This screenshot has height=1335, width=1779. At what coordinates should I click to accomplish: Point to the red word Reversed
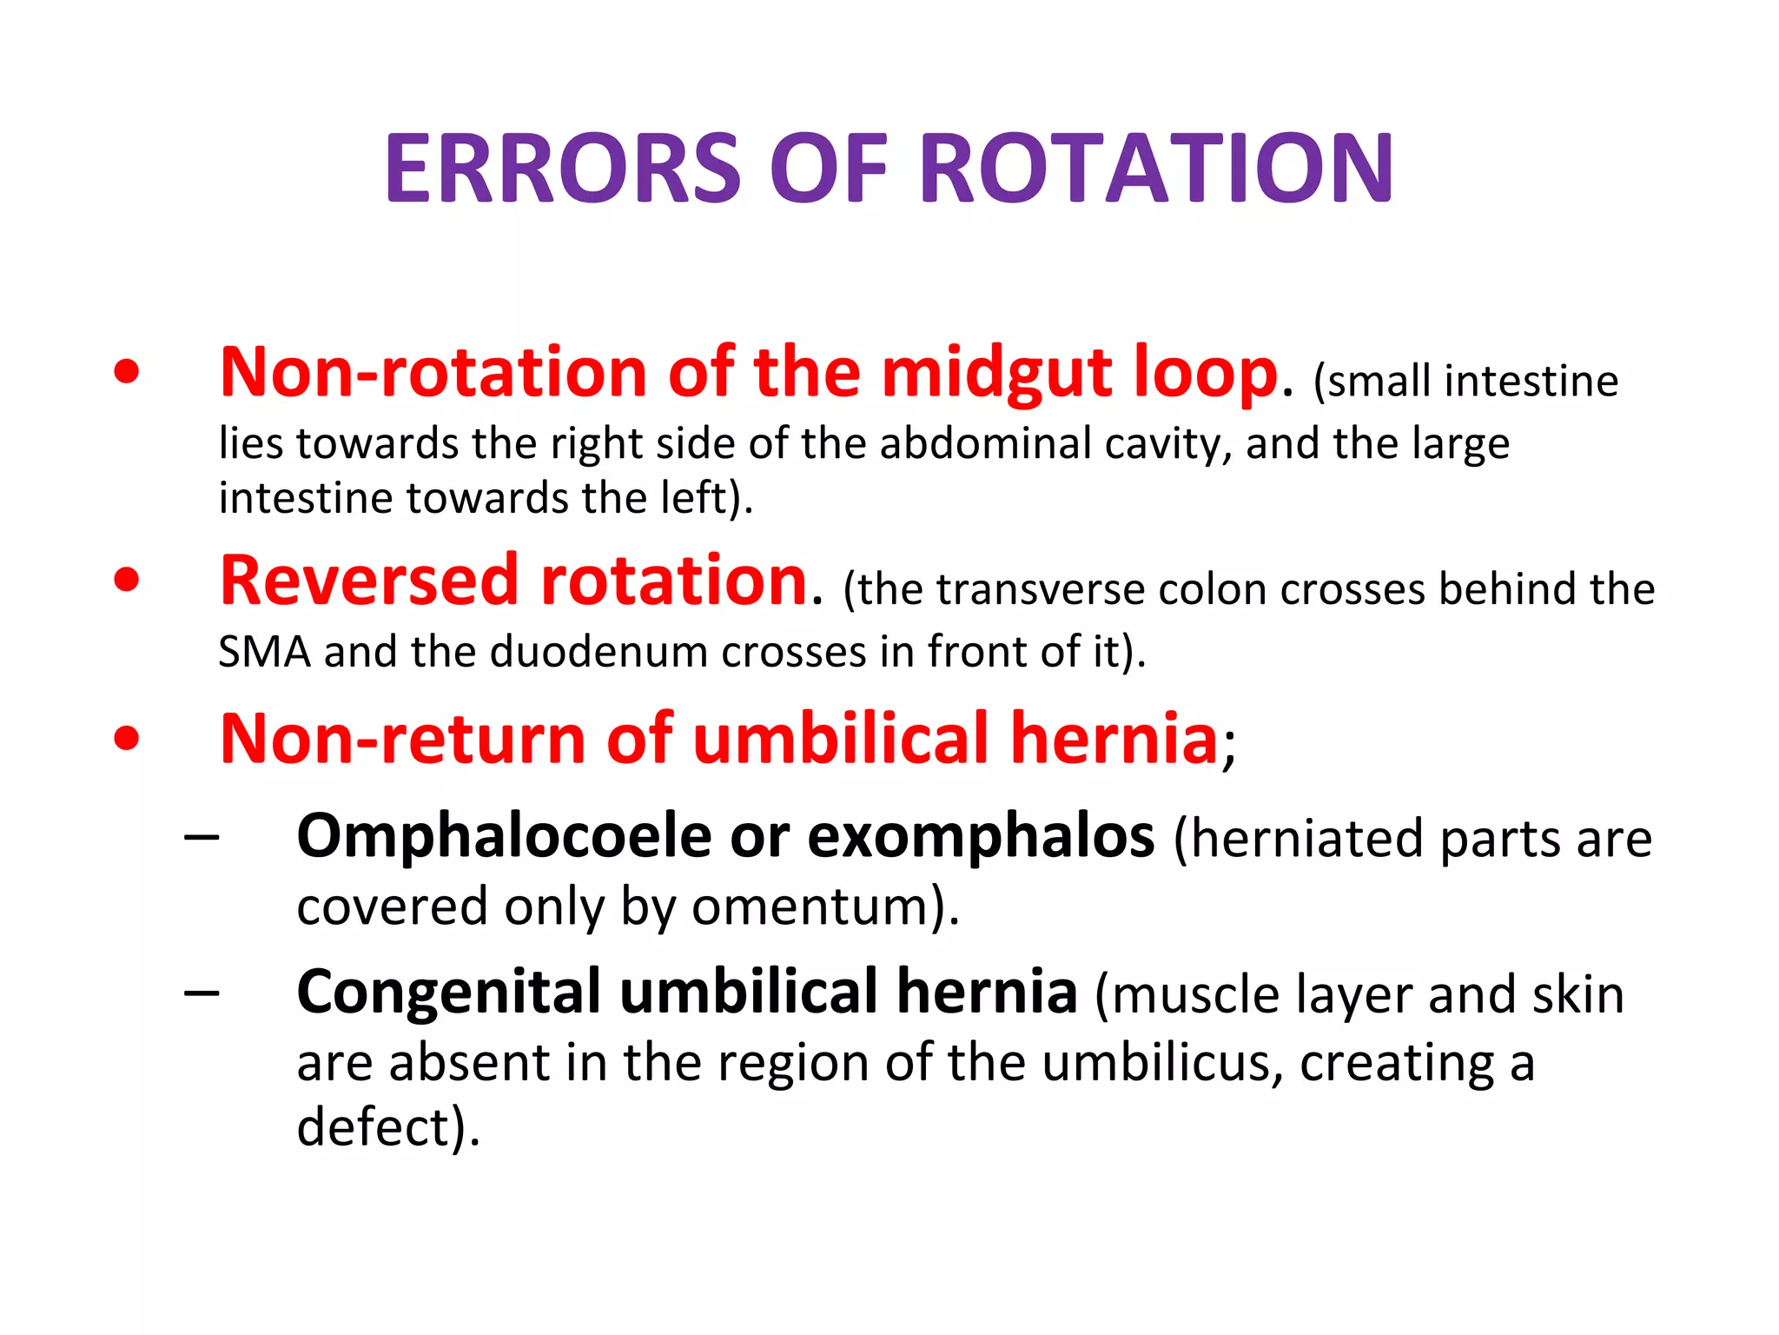368,581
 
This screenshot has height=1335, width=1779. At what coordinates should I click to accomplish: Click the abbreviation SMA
264,652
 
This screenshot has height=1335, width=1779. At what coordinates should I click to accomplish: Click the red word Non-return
403,740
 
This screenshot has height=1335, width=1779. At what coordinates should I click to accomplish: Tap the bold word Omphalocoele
504,837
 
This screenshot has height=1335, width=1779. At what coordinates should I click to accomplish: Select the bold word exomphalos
981,837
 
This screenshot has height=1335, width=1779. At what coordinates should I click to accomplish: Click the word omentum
817,907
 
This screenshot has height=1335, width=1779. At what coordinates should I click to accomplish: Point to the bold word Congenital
448,993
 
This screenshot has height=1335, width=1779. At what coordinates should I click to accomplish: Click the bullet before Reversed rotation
127,580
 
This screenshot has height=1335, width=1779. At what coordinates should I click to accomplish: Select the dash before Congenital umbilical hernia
202,993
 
